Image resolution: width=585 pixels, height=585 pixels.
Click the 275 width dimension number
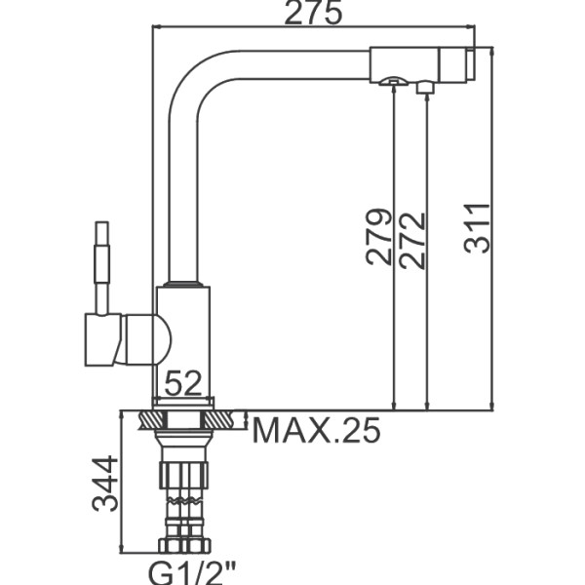tap(313, 13)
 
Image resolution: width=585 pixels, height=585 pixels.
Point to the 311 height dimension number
tap(477, 228)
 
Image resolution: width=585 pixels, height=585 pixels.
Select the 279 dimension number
tap(379, 237)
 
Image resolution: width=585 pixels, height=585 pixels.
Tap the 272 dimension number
tap(412, 240)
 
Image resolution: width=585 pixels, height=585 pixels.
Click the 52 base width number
tap(183, 383)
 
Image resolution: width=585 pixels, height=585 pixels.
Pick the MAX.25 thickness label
tap(316, 430)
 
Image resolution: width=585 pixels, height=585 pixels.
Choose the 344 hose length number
tap(105, 484)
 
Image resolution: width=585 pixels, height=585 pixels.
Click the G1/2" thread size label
tap(192, 573)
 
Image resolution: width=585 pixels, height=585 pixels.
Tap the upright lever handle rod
tap(101, 268)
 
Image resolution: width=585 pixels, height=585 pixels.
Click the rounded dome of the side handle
tap(163, 339)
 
